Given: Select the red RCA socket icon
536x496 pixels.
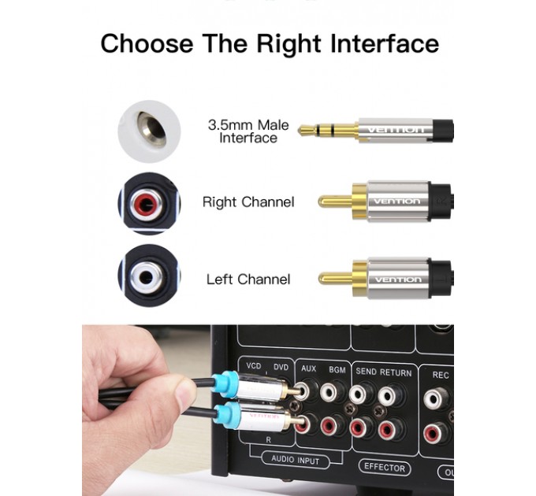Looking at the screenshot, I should (x=149, y=204).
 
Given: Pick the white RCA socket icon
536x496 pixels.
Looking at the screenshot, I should (x=149, y=276).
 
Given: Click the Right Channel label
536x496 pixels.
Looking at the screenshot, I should (x=248, y=202).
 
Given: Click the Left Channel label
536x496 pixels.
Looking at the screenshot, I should (x=248, y=279).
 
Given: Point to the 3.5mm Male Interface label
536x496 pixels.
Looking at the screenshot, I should (x=248, y=131).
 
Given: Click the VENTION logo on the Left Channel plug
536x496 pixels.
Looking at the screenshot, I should (x=397, y=279).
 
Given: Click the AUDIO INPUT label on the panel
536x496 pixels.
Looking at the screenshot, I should (x=296, y=461).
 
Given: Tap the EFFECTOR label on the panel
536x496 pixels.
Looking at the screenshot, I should (x=385, y=466).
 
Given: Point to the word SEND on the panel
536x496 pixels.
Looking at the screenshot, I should (x=367, y=372).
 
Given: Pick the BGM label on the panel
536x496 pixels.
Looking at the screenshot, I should (x=337, y=368).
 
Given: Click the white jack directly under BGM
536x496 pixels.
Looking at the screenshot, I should (x=336, y=391).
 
